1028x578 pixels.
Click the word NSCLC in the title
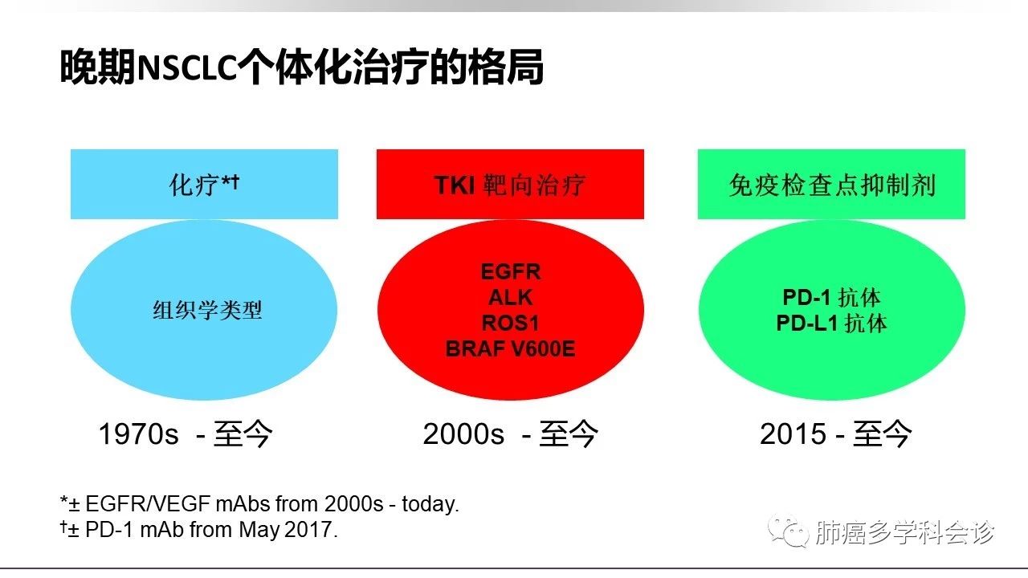point(187,68)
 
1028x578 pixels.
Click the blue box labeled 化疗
point(204,184)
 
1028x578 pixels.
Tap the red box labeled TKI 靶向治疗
point(510,184)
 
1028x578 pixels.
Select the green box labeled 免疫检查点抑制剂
point(831,184)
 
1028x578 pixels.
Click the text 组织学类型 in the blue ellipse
point(207,310)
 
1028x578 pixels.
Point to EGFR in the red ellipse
point(511,272)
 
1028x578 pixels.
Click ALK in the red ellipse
point(510,297)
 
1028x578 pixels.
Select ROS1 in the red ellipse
point(510,323)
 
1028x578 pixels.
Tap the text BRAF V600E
point(510,348)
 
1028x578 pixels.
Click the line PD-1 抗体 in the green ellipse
point(831,297)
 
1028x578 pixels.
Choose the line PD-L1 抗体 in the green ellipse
point(831,323)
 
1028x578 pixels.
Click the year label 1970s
point(138,434)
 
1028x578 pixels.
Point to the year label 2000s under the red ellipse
point(463,434)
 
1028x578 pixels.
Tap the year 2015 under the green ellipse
point(793,434)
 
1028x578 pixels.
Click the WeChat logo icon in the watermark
point(789,531)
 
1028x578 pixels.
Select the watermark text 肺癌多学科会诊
point(905,532)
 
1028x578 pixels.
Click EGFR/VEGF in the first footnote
point(148,504)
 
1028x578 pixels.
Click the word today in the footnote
point(429,504)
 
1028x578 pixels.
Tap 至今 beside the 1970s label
point(243,434)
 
